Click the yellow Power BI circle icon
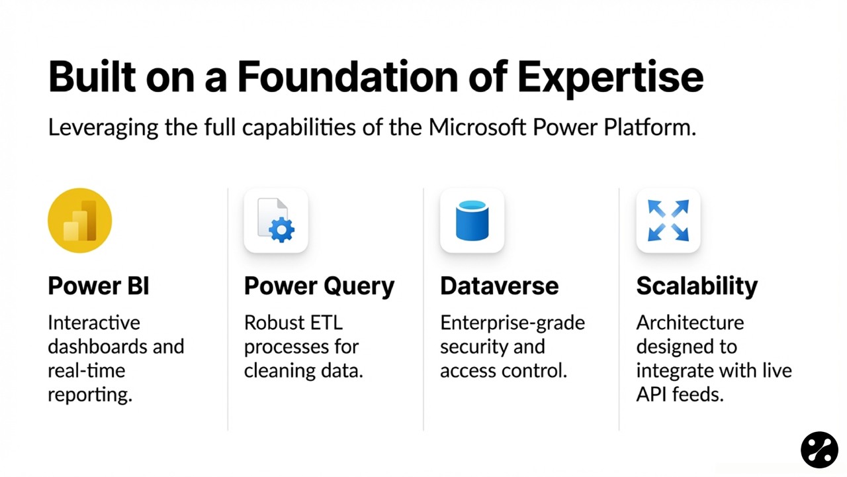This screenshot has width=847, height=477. coord(80,221)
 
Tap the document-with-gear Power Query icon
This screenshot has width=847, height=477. coord(276,221)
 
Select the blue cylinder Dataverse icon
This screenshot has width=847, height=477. coord(472,221)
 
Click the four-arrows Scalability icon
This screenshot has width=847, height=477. coord(668,221)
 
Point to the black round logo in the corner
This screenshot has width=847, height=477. coord(819,450)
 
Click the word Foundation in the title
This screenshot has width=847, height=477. coord(347,78)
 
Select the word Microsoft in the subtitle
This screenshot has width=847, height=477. coord(477,127)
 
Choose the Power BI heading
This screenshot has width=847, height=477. coord(99,286)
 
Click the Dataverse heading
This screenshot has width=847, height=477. coord(499,286)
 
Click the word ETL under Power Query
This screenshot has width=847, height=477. coord(326,323)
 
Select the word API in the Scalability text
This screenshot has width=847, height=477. coord(650,394)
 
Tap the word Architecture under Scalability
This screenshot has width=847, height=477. coord(690,323)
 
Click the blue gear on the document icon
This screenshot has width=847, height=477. coord(281,230)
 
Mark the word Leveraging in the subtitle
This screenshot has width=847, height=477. coord(103,129)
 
